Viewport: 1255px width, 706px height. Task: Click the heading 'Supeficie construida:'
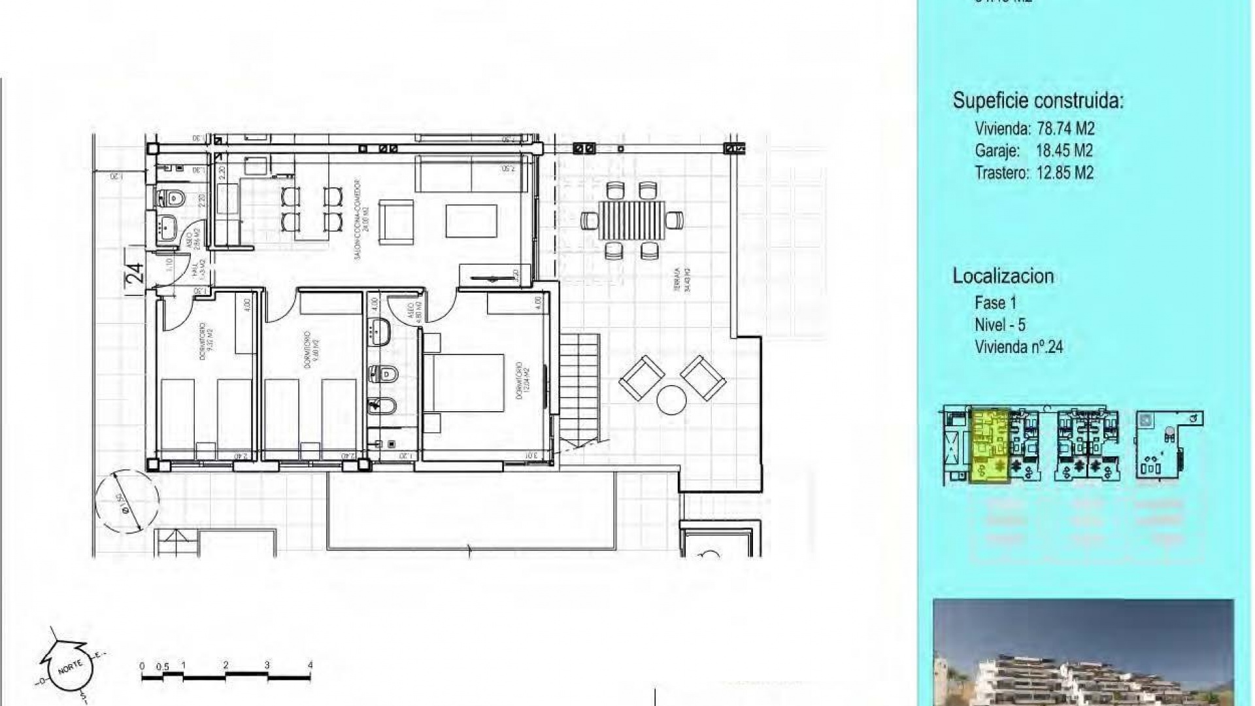pos(1038,101)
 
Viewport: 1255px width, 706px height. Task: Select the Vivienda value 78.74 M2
pos(1065,128)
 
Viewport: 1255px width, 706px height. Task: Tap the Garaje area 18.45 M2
pos(1064,150)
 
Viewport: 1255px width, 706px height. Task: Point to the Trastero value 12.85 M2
pos(1065,173)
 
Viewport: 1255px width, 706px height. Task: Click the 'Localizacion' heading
pos(1003,276)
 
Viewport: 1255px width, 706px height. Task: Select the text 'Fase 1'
pos(996,303)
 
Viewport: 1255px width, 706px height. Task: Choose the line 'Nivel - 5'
pos(1000,325)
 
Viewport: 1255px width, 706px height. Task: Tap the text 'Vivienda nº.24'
pos(1018,347)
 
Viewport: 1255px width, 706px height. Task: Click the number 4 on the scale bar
pos(310,665)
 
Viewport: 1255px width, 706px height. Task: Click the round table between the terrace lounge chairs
pos(671,400)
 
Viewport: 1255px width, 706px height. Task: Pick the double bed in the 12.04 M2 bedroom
pos(465,384)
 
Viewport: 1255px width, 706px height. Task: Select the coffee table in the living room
pos(471,221)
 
